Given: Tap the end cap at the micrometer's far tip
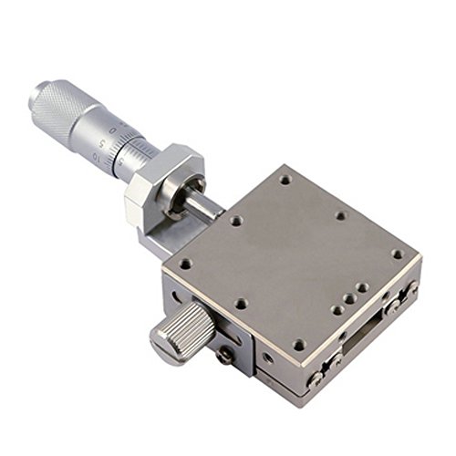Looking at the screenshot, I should point(39,91).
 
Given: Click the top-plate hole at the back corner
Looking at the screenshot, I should point(285,180).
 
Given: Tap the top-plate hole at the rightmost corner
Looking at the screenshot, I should point(397,254).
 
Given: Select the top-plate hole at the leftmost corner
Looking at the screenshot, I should point(186,264).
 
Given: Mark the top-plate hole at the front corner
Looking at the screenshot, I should point(299,345).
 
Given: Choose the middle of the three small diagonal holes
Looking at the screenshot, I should point(350,298).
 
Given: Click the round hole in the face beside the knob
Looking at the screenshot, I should point(265,360).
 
